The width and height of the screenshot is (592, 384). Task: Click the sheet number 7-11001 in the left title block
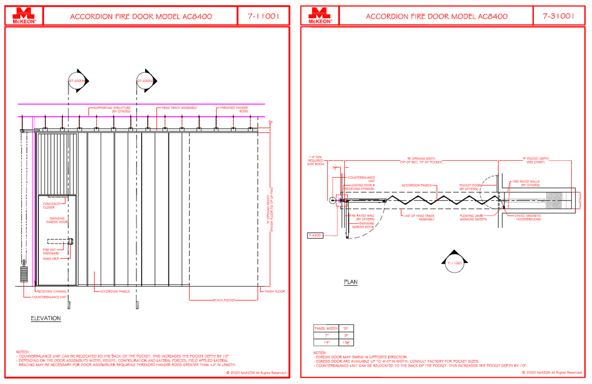point(263,16)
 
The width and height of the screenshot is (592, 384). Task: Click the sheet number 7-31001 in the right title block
point(558,16)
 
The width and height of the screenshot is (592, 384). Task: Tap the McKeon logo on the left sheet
point(24,16)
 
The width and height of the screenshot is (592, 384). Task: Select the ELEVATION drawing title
point(46,318)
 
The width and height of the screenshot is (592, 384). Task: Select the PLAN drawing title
point(350,282)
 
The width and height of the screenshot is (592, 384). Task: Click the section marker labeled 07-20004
point(77,81)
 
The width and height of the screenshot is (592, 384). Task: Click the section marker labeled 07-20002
point(146,81)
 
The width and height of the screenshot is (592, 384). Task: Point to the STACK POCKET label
point(224,300)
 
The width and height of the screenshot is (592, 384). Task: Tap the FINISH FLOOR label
point(275,292)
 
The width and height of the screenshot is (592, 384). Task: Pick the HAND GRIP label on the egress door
point(51,259)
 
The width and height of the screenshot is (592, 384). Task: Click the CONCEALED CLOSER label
point(51,206)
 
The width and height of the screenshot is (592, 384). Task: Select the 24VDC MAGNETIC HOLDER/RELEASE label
point(528,217)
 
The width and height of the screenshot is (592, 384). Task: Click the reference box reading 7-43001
point(315,236)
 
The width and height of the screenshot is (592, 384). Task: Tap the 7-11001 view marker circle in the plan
point(454,263)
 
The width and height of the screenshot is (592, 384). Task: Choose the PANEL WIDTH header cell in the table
point(326,328)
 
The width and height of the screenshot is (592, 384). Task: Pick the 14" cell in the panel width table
point(326,342)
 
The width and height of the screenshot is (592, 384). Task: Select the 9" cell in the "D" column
point(346,335)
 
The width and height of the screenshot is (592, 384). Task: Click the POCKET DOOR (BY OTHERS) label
point(469,187)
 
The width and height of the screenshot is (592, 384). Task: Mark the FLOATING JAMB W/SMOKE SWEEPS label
point(473,217)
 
